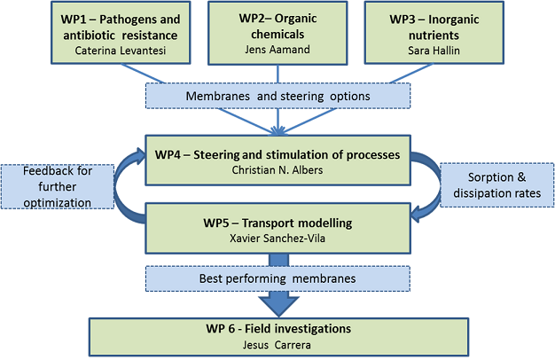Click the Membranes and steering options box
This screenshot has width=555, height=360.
[277, 96]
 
